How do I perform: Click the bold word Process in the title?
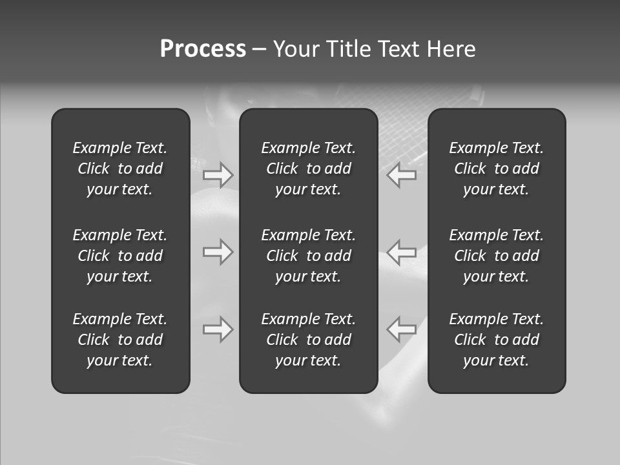coord(203,49)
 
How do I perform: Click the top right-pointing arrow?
coord(218,175)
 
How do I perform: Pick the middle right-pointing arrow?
coord(218,251)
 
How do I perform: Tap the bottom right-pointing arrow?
coord(218,329)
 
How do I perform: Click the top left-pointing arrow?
coord(402,175)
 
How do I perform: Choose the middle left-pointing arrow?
coord(402,251)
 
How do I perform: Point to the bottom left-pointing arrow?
coord(402,329)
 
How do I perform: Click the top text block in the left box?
coord(120,169)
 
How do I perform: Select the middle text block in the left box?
coord(120,256)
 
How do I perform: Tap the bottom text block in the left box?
coord(120,340)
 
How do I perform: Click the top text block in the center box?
coord(309,169)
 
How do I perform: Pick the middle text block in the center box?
coord(309,256)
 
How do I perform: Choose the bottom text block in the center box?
coord(309,340)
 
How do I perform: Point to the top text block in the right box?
coord(497,169)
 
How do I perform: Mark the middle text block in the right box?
coord(497,256)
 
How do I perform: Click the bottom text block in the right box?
coord(497,340)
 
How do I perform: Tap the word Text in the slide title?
coord(398,49)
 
